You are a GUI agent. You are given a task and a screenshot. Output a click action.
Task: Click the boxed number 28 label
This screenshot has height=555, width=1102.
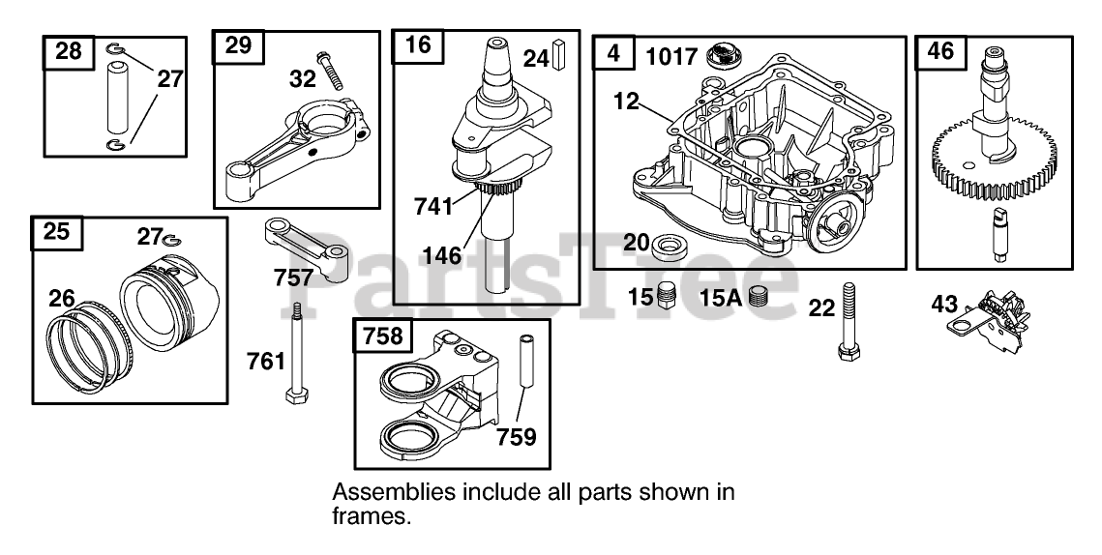(x=69, y=51)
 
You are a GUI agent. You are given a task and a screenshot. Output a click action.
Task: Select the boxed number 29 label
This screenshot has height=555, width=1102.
(x=238, y=44)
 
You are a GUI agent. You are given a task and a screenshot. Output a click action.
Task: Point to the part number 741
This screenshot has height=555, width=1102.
(x=433, y=206)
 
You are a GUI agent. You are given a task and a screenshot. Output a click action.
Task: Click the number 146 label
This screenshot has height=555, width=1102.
(x=440, y=256)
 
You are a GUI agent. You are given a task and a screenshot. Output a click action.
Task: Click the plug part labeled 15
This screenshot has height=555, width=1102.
(x=665, y=295)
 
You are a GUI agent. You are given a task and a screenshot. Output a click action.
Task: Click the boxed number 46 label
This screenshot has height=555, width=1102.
(x=940, y=50)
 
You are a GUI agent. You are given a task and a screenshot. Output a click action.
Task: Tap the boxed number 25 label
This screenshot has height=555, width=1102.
(x=57, y=232)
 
